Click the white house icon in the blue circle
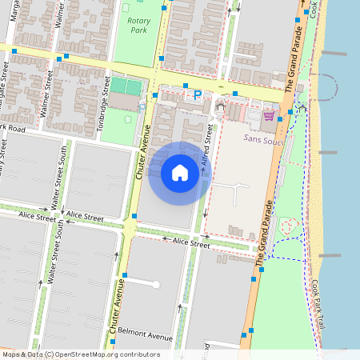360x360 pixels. pyautogui.click(x=180, y=172)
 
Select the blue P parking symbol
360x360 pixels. pyautogui.click(x=198, y=95)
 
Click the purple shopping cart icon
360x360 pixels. pyautogui.click(x=269, y=115)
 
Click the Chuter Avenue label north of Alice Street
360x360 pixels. pyautogui.click(x=146, y=152)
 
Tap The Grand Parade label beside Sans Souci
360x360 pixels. pyautogui.click(x=270, y=234)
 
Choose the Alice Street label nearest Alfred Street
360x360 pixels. pyautogui.click(x=191, y=242)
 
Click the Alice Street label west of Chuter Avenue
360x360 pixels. pyautogui.click(x=85, y=217)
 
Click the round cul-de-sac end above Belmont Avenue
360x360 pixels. pyautogui.click(x=157, y=284)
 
